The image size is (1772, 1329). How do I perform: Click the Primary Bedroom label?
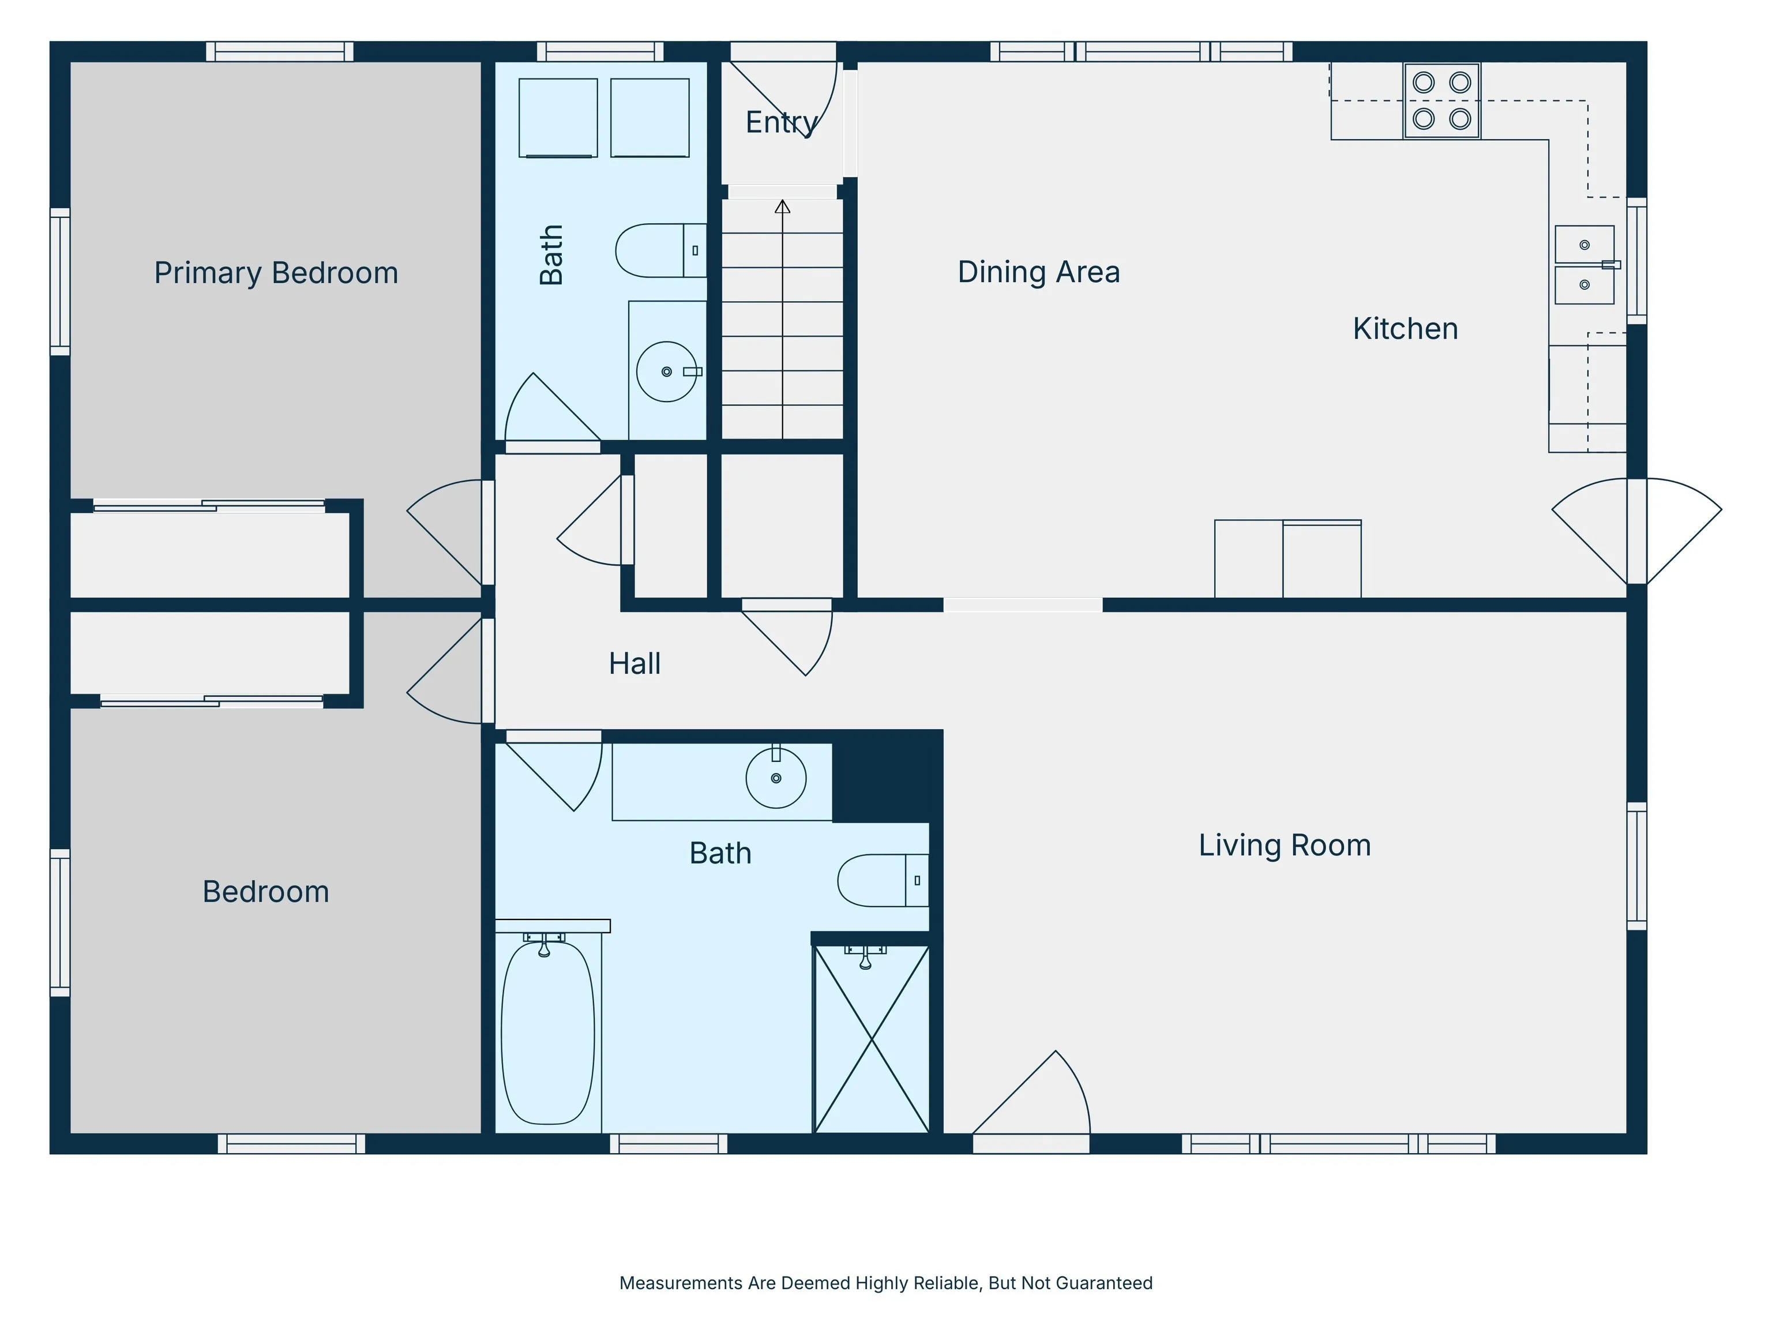pyautogui.click(x=276, y=273)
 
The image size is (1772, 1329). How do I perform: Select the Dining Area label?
pyautogui.click(x=1038, y=272)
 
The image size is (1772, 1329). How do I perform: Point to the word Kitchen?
pyautogui.click(x=1405, y=328)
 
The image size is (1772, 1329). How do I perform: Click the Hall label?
pyautogui.click(x=635, y=663)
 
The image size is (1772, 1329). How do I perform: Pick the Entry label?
pyautogui.click(x=782, y=122)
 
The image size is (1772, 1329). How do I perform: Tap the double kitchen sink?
pyautogui.click(x=1585, y=264)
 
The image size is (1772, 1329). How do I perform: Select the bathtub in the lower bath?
pyautogui.click(x=548, y=1033)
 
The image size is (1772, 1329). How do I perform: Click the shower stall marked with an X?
pyautogui.click(x=872, y=1039)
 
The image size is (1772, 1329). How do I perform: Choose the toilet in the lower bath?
pyautogui.click(x=883, y=880)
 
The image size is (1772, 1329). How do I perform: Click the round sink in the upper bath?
pyautogui.click(x=666, y=371)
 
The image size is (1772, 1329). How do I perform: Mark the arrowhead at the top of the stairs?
pyautogui.click(x=783, y=206)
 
